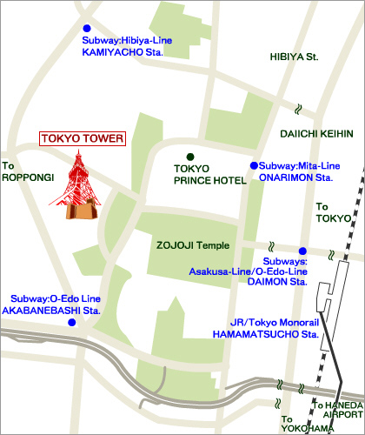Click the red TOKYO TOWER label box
83,138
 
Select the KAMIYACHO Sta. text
123,52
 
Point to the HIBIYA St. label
295,57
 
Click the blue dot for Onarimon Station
254,164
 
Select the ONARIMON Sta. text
296,177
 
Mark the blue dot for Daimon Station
302,251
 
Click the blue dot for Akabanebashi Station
72,322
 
